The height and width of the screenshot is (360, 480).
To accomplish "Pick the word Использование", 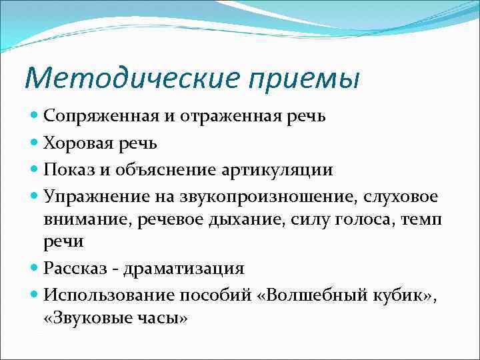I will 101,294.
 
